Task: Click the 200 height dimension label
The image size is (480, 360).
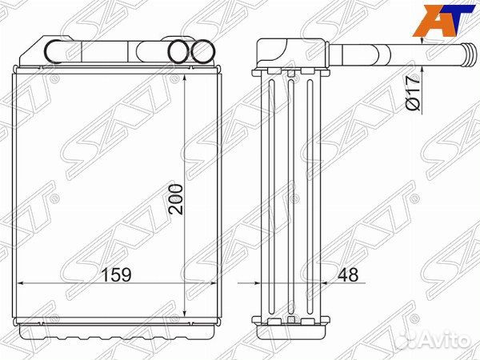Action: [177, 199]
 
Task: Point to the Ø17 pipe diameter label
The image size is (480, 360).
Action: [412, 93]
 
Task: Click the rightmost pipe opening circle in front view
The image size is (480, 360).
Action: [202, 52]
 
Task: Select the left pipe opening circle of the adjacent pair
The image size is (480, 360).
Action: [178, 52]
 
